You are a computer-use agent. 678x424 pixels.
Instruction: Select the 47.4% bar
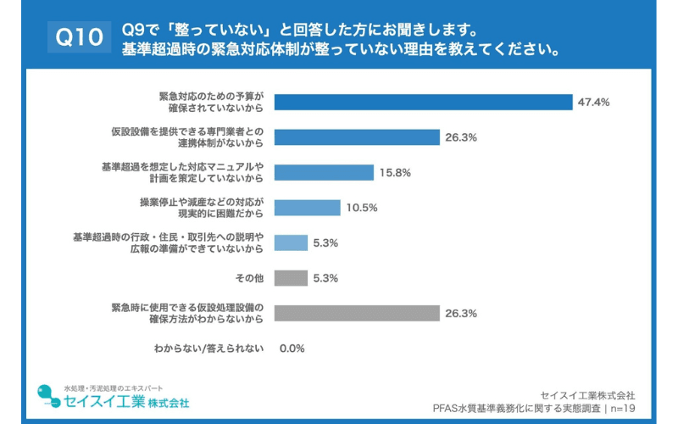click(424, 102)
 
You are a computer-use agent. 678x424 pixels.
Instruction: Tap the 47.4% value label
click(594, 102)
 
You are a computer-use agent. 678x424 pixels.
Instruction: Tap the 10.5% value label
click(361, 208)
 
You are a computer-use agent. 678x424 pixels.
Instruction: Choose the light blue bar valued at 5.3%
click(292, 243)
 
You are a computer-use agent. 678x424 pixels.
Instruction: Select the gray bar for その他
click(292, 277)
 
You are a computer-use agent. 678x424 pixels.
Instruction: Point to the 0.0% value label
click(292, 349)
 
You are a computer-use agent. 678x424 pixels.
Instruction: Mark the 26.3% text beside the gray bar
click(461, 313)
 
